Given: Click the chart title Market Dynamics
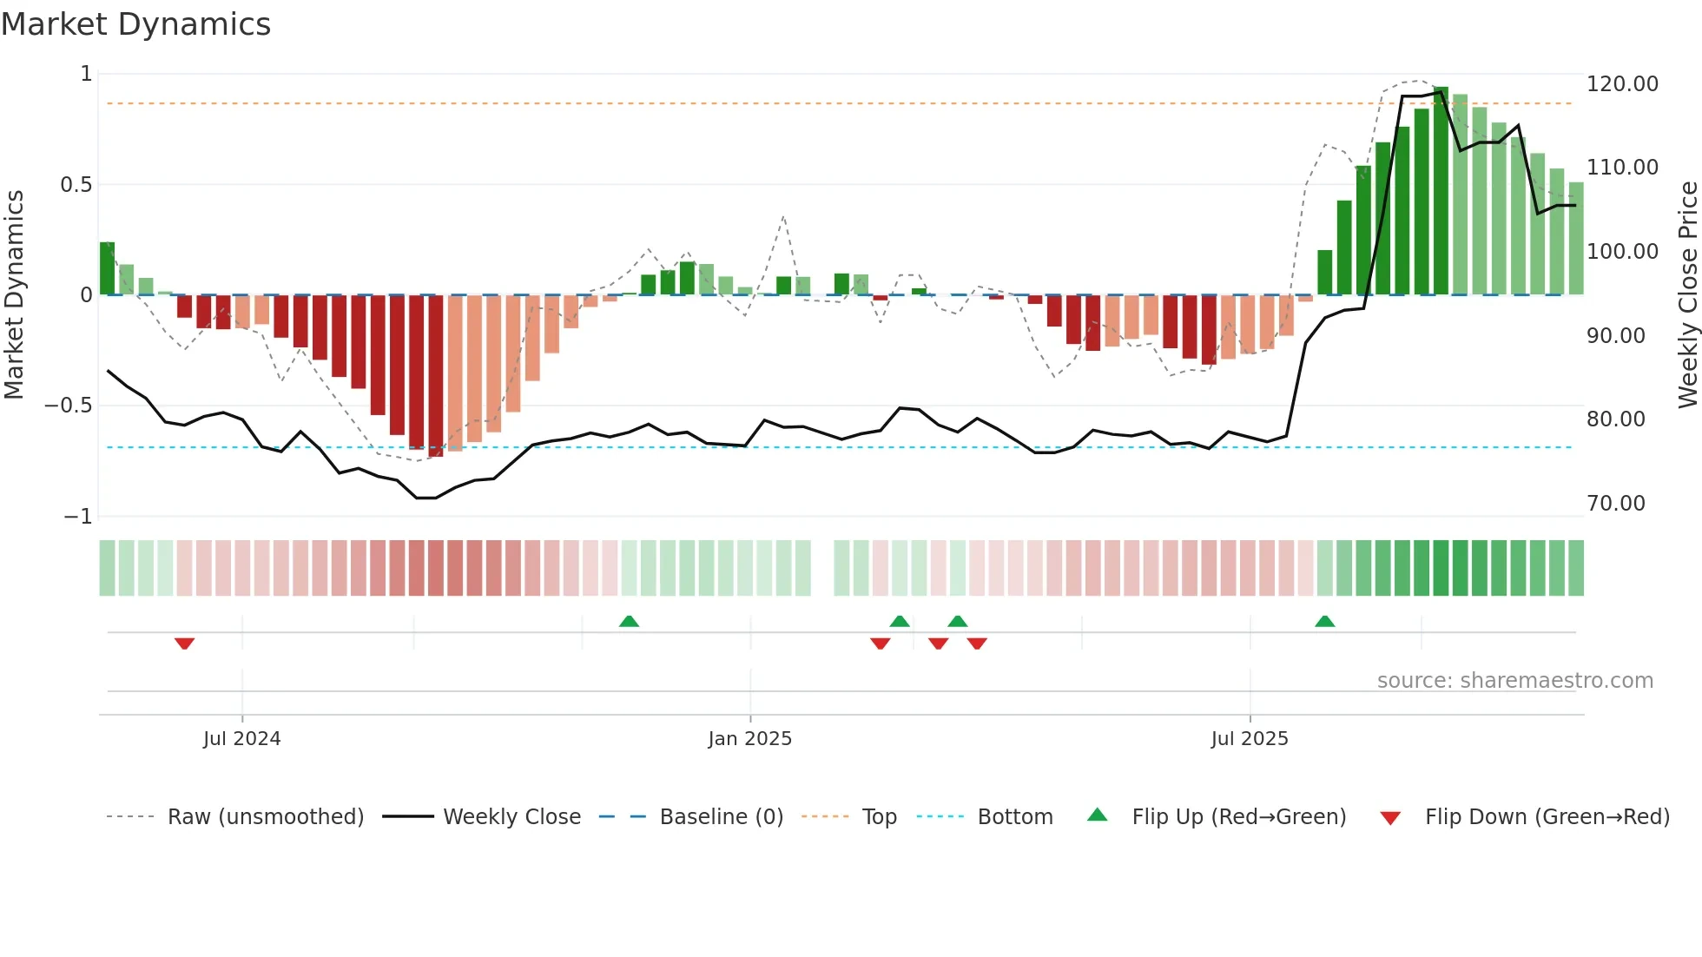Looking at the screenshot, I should pyautogui.click(x=135, y=24).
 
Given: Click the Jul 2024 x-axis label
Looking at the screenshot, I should pyautogui.click(x=241, y=739).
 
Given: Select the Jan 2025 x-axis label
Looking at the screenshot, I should pyautogui.click(x=749, y=739).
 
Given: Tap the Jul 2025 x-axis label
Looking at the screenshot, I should pyautogui.click(x=1250, y=739).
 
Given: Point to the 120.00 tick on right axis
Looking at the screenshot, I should pyautogui.click(x=1621, y=84).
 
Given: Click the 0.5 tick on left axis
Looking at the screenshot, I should pyautogui.click(x=76, y=185).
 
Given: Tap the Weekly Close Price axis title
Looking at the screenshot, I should pyautogui.click(x=1687, y=294).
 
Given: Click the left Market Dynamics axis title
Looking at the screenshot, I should pyautogui.click(x=14, y=294).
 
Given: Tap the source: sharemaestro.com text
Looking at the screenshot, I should pyautogui.click(x=1514, y=681).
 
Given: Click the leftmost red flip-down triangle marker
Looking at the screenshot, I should pyautogui.click(x=184, y=643).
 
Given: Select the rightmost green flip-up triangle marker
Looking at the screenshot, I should pyautogui.click(x=1324, y=621).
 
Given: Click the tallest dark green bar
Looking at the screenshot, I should pyautogui.click(x=1441, y=191).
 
